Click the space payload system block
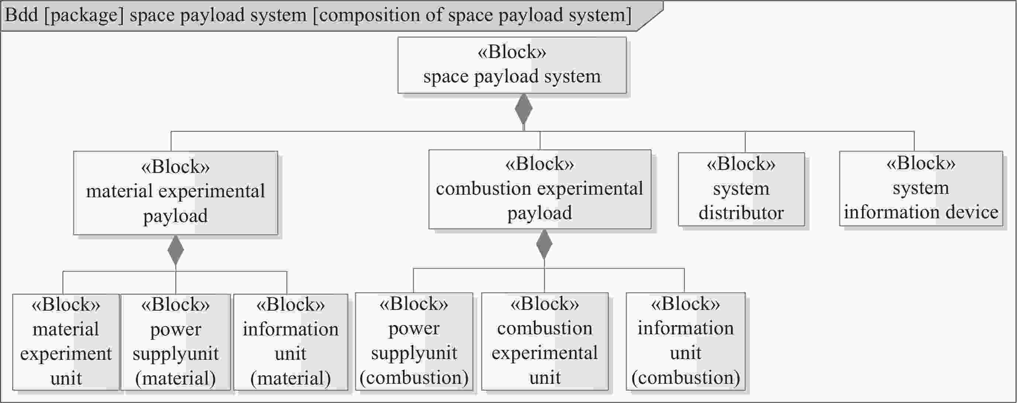click(512, 65)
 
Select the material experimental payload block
click(175, 192)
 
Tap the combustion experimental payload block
click(540, 189)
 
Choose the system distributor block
click(741, 189)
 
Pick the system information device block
click(921, 188)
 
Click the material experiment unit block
click(66, 342)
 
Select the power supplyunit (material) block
click(175, 342)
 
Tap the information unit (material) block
click(290, 342)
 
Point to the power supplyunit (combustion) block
click(414, 341)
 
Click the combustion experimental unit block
click(544, 341)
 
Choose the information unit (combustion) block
click(685, 341)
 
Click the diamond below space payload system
click(524, 109)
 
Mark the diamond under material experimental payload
click(176, 250)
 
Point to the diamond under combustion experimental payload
click(544, 244)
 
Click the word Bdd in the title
click(21, 15)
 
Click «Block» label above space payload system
click(512, 52)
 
